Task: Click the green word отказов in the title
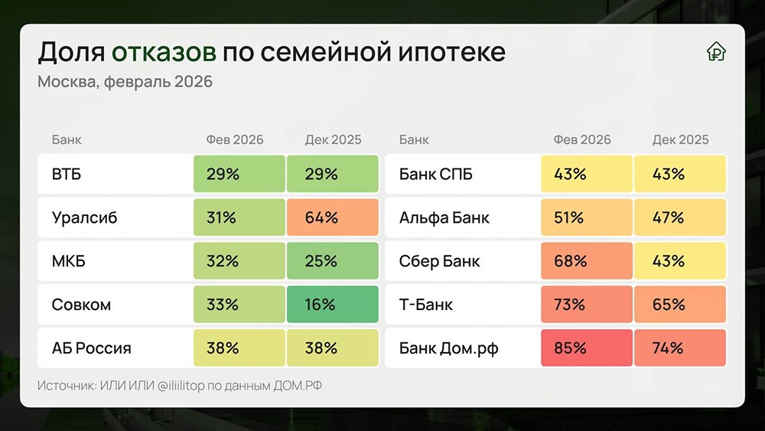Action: pos(164,52)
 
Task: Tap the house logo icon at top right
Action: pos(716,52)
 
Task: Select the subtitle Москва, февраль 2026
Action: pos(125,81)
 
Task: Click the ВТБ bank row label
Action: pos(67,175)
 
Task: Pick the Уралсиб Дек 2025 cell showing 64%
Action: pos(332,217)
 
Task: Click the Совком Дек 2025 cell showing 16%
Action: pos(332,305)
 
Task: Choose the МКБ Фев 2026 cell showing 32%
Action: pos(239,261)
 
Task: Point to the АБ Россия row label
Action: pos(91,348)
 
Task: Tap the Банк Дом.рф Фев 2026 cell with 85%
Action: pos(586,348)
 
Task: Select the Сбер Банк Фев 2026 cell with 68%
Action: pos(586,261)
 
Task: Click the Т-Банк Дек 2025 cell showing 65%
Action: pos(679,305)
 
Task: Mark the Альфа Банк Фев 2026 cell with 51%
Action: pos(586,217)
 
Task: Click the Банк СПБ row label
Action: pos(436,175)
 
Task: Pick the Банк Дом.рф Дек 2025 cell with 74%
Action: pos(679,348)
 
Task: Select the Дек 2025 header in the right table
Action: pos(680,140)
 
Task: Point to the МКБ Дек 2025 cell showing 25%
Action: pos(332,261)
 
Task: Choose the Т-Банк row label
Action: pos(426,305)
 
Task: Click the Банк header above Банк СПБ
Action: pos(414,140)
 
